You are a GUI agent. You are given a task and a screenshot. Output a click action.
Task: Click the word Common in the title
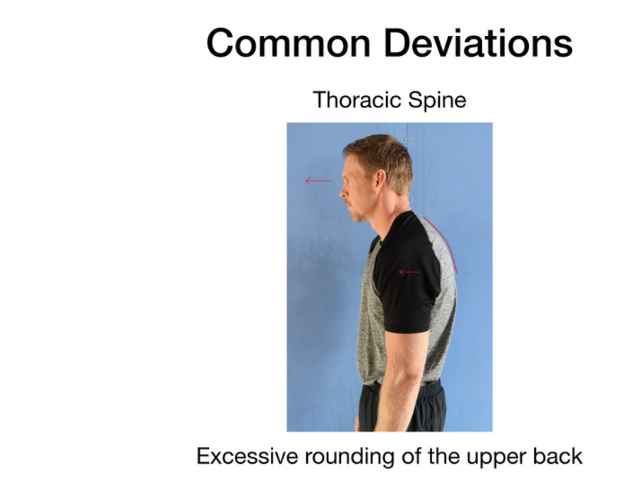289,43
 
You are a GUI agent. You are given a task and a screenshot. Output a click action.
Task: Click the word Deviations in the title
479,43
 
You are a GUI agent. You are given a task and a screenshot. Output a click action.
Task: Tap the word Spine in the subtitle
437,100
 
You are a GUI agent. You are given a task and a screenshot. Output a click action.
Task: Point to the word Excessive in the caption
247,456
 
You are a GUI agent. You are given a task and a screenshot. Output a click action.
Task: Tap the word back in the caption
558,456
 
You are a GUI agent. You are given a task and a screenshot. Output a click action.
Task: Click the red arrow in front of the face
318,181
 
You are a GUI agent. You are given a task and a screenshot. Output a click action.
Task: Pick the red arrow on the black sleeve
409,272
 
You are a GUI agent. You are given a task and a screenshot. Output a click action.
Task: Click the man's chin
357,218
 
